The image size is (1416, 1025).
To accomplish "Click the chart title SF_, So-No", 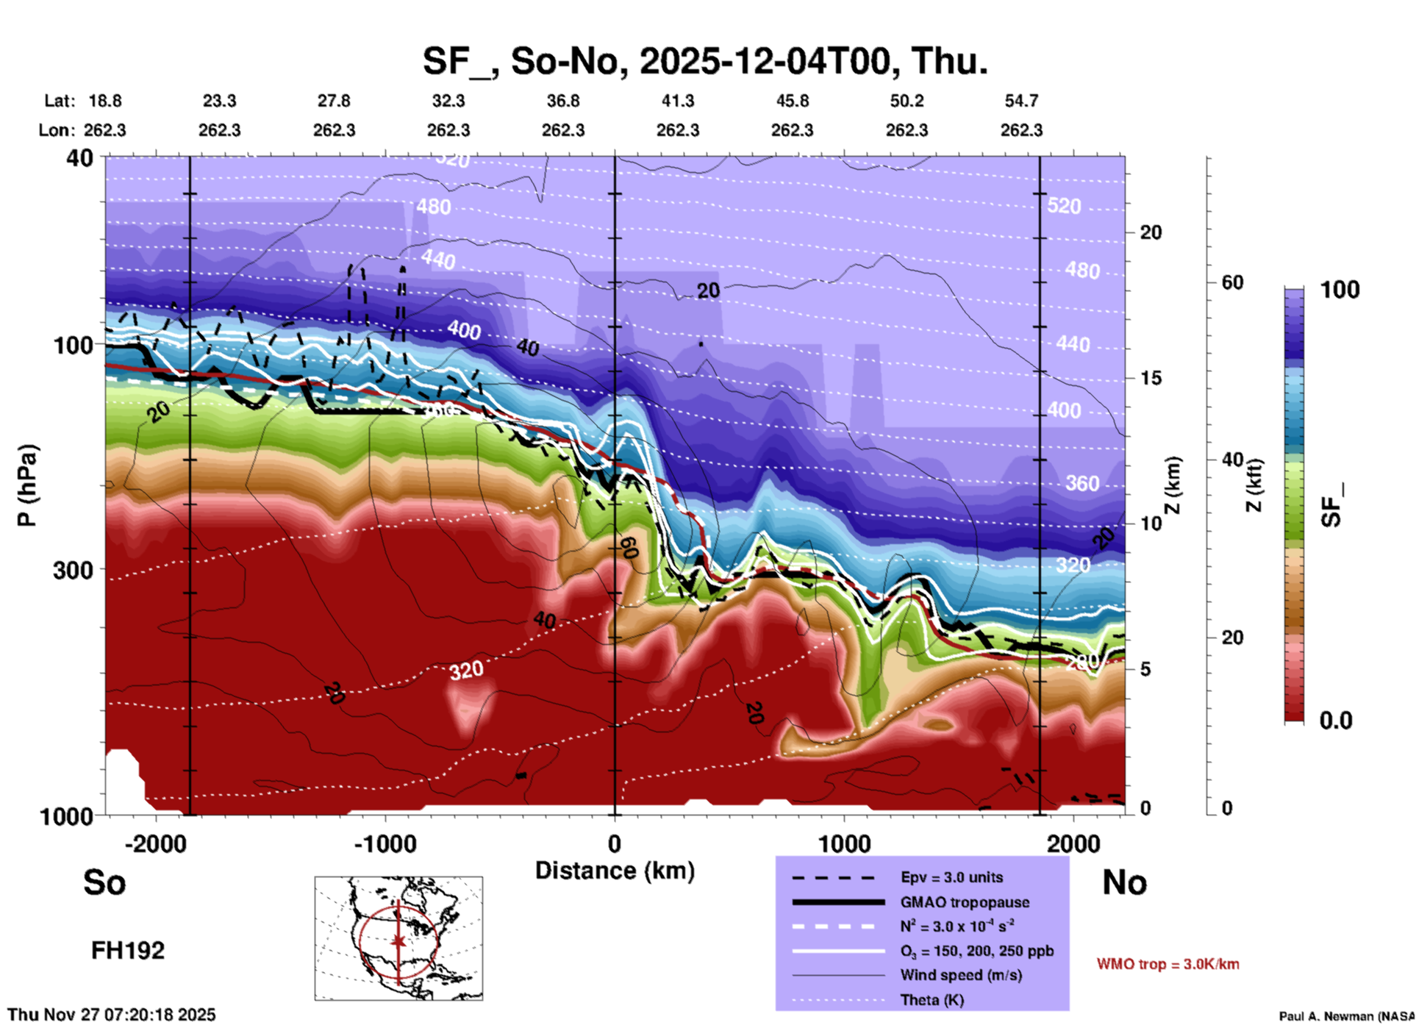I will click(x=704, y=61).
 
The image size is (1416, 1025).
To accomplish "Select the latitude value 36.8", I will click(x=562, y=101).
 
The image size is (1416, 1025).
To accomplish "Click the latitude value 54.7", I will click(x=1021, y=101).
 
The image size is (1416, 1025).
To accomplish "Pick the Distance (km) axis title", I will click(x=615, y=871).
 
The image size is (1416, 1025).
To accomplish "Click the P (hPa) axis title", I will click(x=27, y=485).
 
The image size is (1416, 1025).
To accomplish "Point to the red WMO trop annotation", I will click(x=1168, y=964).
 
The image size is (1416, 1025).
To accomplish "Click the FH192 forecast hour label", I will click(x=128, y=951).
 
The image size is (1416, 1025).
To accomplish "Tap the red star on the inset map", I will click(x=398, y=940).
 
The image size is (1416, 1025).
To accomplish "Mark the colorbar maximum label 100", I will click(x=1340, y=290).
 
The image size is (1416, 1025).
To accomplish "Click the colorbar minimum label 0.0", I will click(x=1336, y=721).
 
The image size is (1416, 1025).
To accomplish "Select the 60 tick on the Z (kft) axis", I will click(x=1232, y=282).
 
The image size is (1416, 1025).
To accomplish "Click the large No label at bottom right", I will click(x=1124, y=882).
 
